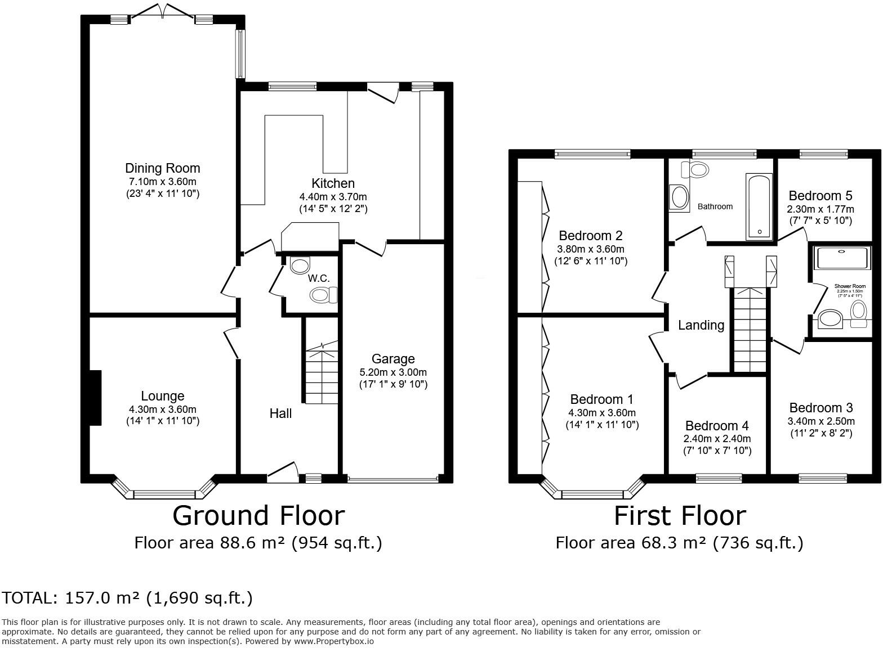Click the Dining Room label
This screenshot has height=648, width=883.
click(x=162, y=168)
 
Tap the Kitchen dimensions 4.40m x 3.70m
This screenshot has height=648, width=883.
click(x=333, y=197)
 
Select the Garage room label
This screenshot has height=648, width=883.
click(x=393, y=359)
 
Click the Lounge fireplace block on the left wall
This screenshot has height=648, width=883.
click(x=95, y=397)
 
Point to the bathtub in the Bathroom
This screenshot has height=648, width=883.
click(x=759, y=206)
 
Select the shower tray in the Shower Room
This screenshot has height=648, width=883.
click(x=842, y=258)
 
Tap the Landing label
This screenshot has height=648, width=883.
click(x=701, y=325)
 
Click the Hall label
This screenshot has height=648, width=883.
click(x=280, y=413)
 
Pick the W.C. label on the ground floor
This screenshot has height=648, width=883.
click(x=319, y=278)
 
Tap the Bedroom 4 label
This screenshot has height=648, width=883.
click(x=717, y=426)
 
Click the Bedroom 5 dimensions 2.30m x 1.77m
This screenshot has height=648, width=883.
click(x=820, y=209)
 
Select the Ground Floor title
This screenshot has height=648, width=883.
click(x=258, y=515)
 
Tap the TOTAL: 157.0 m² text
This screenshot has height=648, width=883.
click(x=127, y=598)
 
